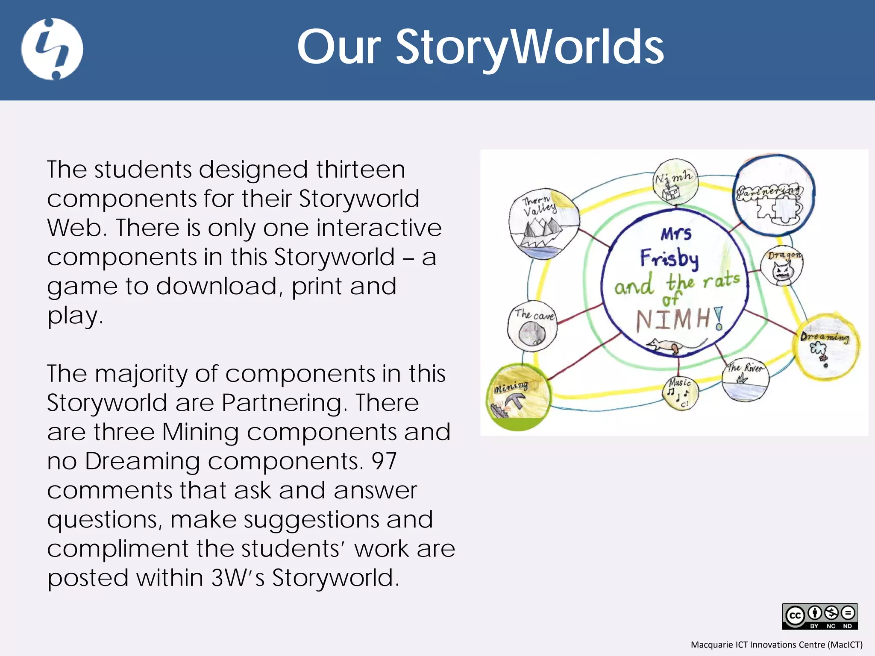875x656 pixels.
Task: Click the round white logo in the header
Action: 52,49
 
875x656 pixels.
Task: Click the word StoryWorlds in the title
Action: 530,47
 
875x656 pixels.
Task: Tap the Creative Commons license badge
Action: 819,616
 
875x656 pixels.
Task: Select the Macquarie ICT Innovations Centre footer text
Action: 776,644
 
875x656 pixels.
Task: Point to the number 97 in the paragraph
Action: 384,461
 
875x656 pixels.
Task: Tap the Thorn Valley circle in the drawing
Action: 543,224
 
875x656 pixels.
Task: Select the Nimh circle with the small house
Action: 676,183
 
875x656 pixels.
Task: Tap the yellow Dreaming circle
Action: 826,346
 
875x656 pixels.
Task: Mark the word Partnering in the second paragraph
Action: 282,403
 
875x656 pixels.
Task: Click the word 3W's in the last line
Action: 238,578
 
